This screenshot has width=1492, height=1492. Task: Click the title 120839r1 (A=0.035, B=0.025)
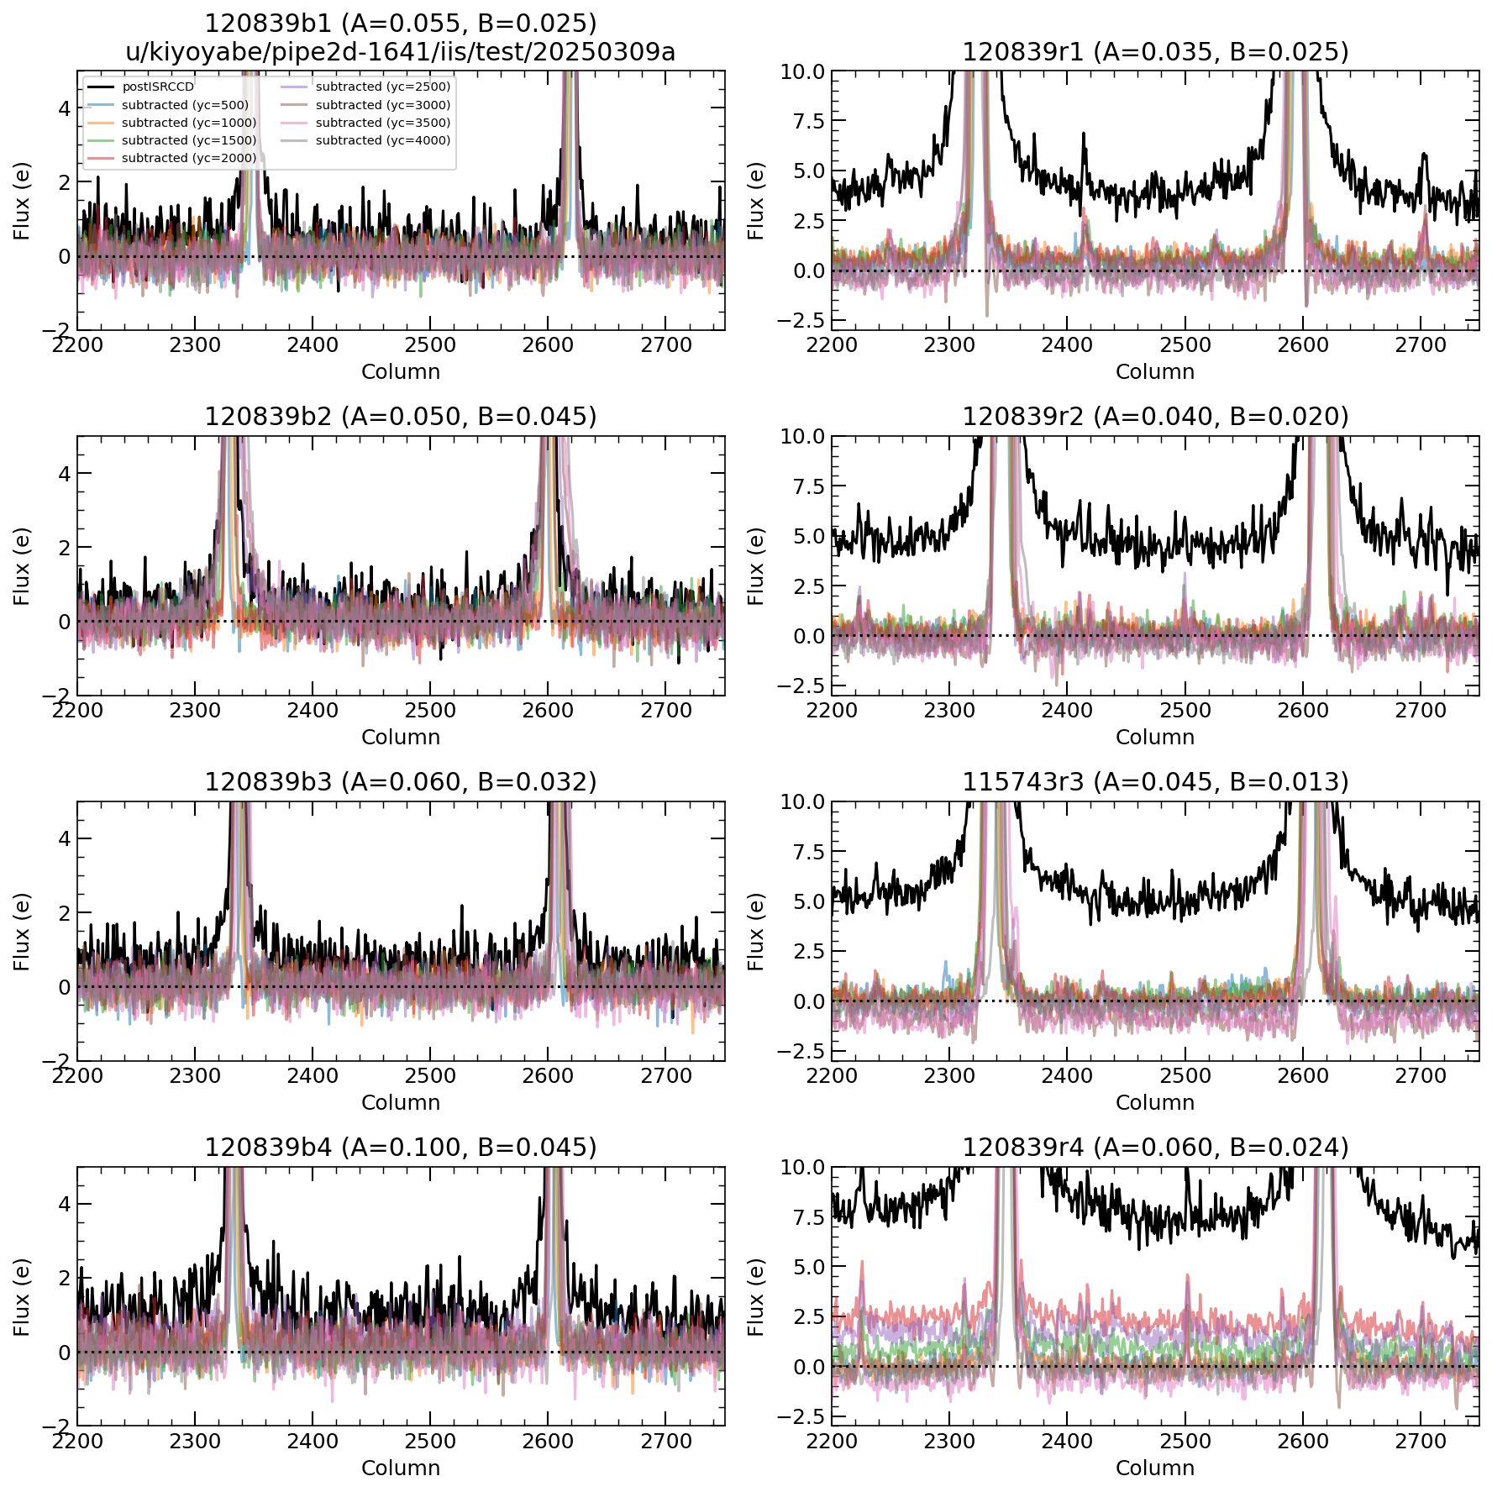[1155, 52]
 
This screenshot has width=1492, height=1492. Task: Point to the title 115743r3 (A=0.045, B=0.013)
[1155, 782]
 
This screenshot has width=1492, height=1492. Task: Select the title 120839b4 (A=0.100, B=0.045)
[401, 1148]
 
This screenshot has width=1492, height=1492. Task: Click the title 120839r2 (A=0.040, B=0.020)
[1155, 417]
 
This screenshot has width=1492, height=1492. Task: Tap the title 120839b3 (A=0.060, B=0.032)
[401, 782]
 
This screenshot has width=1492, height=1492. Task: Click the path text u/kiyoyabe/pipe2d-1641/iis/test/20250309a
[401, 52]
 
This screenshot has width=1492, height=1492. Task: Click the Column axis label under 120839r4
[1155, 1468]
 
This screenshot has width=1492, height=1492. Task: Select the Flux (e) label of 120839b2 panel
[22, 566]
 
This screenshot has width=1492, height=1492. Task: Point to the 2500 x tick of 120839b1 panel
[430, 345]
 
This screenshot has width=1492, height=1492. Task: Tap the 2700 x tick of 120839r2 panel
[1421, 711]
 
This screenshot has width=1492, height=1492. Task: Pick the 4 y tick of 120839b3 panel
[65, 838]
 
